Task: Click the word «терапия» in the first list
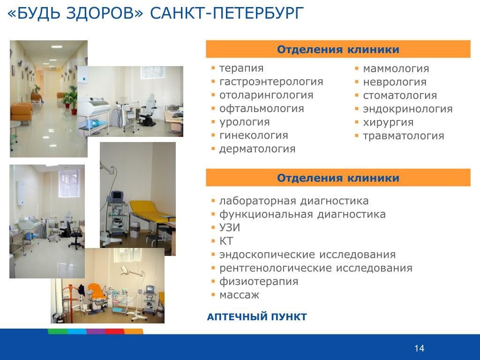tap(241, 68)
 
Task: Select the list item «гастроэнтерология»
tap(271, 82)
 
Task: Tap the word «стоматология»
tap(400, 96)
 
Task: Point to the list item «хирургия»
tap(388, 122)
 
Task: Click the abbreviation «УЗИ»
tap(230, 227)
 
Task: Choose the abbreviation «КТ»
tap(226, 241)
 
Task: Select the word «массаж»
tap(240, 295)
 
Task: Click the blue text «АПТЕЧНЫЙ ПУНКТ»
tap(257, 316)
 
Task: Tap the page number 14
tap(419, 348)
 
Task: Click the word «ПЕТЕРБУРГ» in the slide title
tap(258, 13)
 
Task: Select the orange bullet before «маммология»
tap(357, 68)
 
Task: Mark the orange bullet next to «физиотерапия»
tap(213, 281)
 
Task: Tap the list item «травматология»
tap(404, 136)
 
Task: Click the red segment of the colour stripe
tap(114, 331)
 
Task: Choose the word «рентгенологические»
tap(275, 268)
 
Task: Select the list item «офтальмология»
tap(262, 109)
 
